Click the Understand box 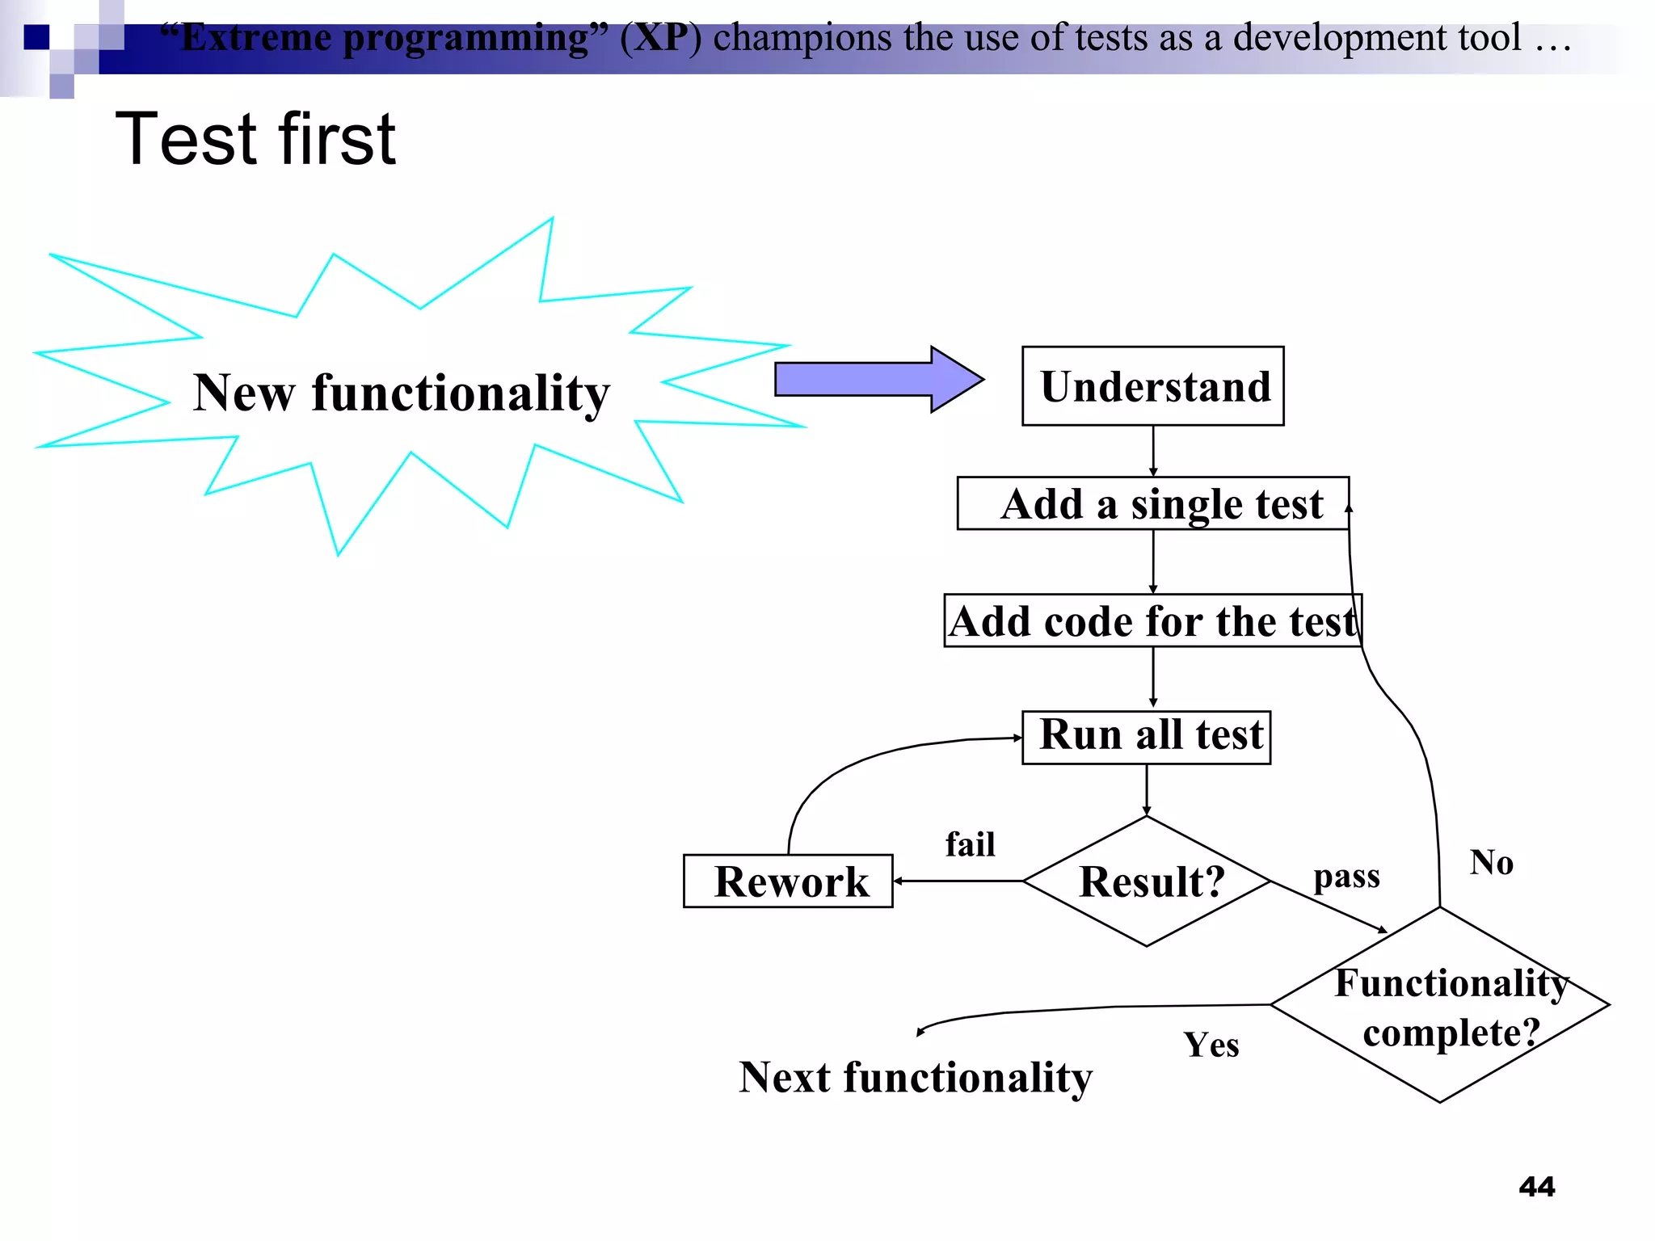pyautogui.click(x=1152, y=386)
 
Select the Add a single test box pyautogui.click(x=1152, y=503)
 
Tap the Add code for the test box pyautogui.click(x=1152, y=620)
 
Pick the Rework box pyautogui.click(x=788, y=881)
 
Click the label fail pyautogui.click(x=970, y=844)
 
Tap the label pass pyautogui.click(x=1346, y=877)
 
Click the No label pyautogui.click(x=1491, y=862)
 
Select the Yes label pyautogui.click(x=1211, y=1045)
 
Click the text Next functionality pyautogui.click(x=915, y=1077)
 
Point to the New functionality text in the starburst pyautogui.click(x=401, y=393)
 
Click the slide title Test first pyautogui.click(x=255, y=139)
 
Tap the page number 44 pyautogui.click(x=1536, y=1186)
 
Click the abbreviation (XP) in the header pyautogui.click(x=660, y=37)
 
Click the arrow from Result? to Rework pyautogui.click(x=958, y=881)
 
